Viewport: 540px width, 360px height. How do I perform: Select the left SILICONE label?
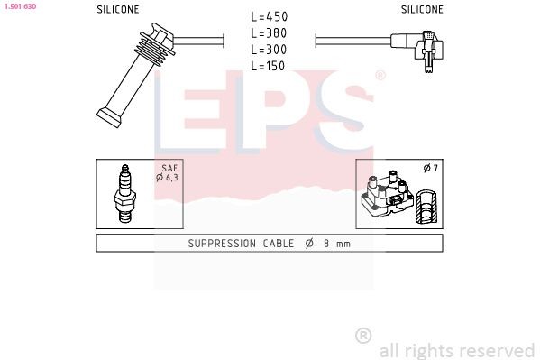click(x=118, y=10)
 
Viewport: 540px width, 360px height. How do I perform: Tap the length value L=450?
click(x=269, y=17)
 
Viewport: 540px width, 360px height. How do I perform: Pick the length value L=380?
click(x=269, y=33)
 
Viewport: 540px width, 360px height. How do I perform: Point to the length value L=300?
click(x=269, y=50)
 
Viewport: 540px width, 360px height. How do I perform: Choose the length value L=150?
click(x=269, y=66)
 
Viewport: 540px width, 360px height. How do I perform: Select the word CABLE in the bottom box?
click(x=283, y=244)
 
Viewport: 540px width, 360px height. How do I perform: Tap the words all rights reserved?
click(x=456, y=349)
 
